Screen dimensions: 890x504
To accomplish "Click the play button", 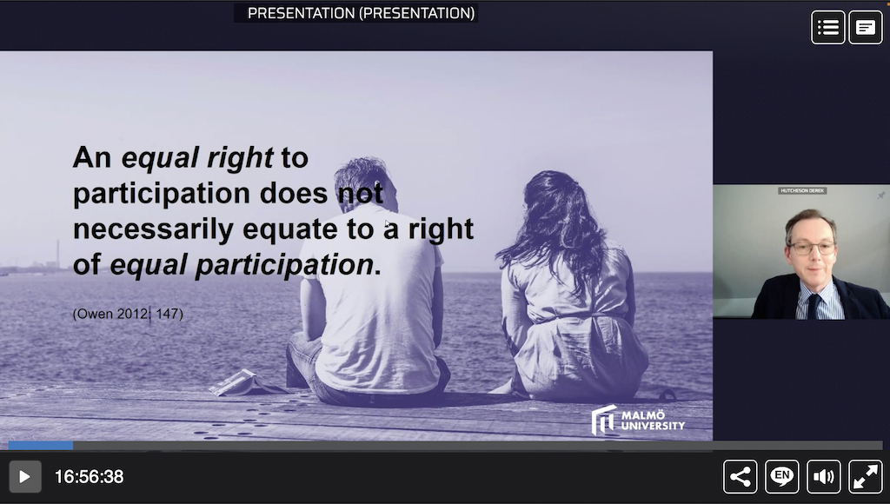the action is [25, 477].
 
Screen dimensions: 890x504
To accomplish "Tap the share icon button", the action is [741, 477].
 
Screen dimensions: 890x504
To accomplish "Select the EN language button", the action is [782, 477].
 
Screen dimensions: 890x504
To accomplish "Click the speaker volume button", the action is [824, 477].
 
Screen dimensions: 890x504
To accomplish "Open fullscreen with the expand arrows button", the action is [866, 477].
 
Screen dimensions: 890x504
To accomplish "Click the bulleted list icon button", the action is [828, 27].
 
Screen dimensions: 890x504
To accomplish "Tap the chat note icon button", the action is [866, 27].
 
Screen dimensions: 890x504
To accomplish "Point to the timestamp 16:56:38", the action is [90, 477].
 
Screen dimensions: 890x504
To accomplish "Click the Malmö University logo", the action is [638, 420].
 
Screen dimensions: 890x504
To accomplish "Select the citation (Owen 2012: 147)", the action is [128, 314].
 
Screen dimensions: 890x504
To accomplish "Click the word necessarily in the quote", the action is [153, 229].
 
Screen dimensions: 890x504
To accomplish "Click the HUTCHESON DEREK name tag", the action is [802, 190].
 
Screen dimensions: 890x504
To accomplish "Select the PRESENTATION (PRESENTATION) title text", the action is [361, 13].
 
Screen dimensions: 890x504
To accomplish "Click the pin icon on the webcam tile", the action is [881, 196].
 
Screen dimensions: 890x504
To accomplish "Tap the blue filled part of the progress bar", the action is [41, 446].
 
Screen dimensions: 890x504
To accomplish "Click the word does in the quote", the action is [294, 194].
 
